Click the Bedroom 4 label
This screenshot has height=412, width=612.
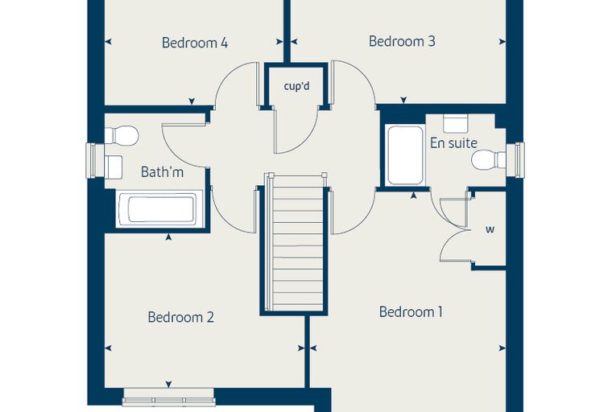195,43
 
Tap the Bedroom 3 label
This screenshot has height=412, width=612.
402,41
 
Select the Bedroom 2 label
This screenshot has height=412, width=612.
180,317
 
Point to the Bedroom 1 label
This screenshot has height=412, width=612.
411,312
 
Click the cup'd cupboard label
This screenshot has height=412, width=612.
296,86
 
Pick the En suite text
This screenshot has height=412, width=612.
453,142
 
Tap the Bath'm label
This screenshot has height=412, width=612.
162,171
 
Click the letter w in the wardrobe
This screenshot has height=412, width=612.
490,229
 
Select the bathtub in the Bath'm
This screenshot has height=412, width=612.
160,209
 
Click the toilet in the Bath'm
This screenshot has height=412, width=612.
122,135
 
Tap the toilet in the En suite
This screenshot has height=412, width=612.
489,160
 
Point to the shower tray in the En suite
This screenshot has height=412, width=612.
405,155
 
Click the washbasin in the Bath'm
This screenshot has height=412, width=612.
114,167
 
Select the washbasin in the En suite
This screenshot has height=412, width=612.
456,124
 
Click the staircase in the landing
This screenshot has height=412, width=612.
296,243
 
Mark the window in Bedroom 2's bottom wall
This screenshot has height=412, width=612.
168,398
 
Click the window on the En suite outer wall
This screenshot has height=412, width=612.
515,160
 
